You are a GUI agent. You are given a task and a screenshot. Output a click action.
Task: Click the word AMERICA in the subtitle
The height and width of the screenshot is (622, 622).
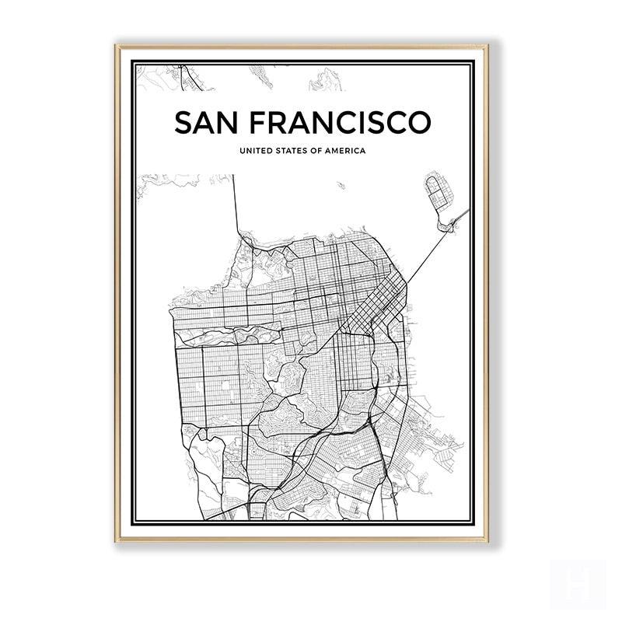click(x=345, y=151)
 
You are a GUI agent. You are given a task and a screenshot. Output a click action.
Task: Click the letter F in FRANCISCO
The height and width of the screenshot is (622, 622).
click(x=260, y=123)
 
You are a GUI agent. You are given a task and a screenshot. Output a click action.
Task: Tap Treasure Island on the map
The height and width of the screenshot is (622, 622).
click(x=439, y=190)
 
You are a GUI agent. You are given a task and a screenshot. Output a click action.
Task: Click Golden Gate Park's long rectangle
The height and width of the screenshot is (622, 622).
click(x=227, y=335)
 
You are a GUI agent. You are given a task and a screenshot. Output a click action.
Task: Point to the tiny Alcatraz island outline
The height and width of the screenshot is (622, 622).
click(x=341, y=185)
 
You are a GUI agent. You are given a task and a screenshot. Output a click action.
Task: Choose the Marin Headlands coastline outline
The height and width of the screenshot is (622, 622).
click(x=171, y=180)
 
